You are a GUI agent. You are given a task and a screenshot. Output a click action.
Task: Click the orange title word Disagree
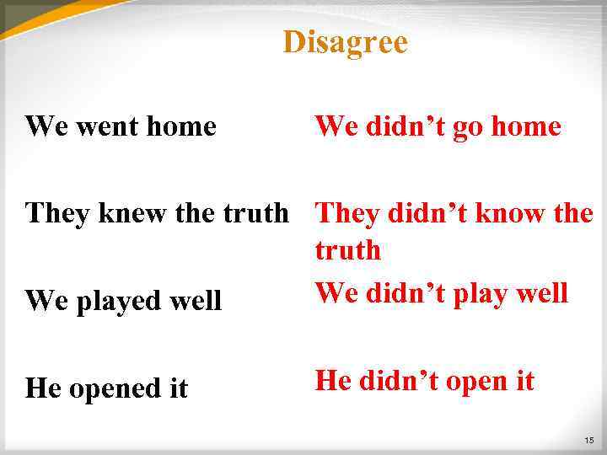pyautogui.click(x=345, y=42)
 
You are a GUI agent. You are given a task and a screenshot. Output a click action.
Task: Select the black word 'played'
pyautogui.click(x=112, y=301)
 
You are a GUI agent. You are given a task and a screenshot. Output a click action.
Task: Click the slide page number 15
pyautogui.click(x=588, y=441)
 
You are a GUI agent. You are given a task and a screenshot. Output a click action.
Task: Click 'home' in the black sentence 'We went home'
pyautogui.click(x=181, y=127)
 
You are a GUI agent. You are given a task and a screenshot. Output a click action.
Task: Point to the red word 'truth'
pyautogui.click(x=347, y=250)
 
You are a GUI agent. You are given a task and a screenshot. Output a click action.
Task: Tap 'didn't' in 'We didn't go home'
pyautogui.click(x=407, y=127)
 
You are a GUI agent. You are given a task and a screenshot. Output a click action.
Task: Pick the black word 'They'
pyautogui.click(x=57, y=213)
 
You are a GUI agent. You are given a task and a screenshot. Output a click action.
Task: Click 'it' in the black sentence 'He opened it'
pyautogui.click(x=176, y=388)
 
